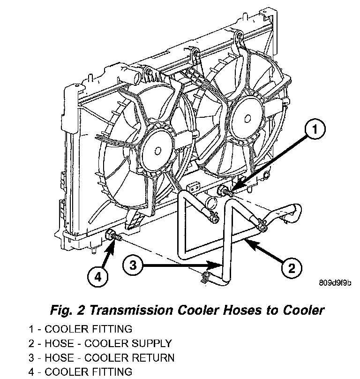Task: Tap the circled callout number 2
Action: [x=291, y=268]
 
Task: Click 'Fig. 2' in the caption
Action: [x=65, y=311]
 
